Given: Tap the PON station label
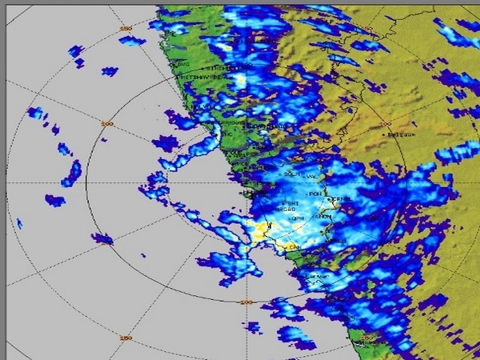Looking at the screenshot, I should [x=314, y=193].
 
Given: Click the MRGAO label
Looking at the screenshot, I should [x=284, y=210].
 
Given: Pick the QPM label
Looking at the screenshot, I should [x=296, y=218].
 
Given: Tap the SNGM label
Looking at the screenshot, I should [x=323, y=217].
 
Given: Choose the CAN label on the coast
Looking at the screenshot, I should [x=294, y=247].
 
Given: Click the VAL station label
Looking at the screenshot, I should [x=311, y=177].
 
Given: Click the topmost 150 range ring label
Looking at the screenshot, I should [x=125, y=28].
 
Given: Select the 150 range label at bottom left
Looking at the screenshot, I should [x=125, y=338].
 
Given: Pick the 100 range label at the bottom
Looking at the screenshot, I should [x=246, y=302].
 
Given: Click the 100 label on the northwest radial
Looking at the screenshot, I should [x=107, y=124].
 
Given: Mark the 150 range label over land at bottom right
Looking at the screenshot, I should [x=366, y=338].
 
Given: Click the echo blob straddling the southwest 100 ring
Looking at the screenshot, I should [x=102, y=238].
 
